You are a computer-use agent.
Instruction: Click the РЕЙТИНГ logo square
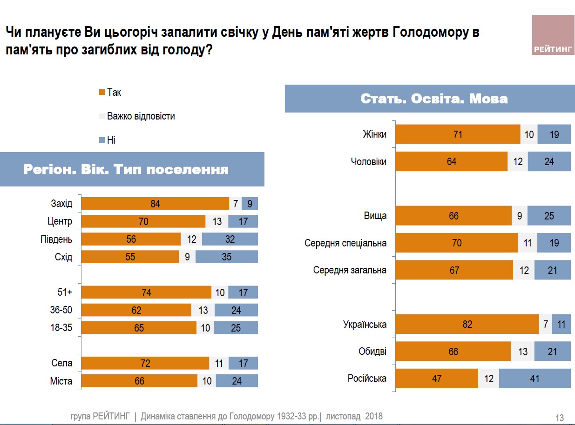coord(553,35)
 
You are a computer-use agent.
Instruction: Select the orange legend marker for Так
coord(101,93)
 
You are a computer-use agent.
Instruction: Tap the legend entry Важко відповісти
coord(141,116)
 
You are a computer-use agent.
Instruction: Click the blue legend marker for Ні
coord(101,140)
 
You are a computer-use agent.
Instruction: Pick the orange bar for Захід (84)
coord(155,204)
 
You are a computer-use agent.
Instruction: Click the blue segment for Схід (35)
coord(226,257)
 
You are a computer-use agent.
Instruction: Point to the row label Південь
coord(57,239)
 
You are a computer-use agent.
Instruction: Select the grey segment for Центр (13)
coord(216,221)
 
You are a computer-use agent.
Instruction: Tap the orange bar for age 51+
coord(146,292)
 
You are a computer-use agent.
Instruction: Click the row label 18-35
coord(61,328)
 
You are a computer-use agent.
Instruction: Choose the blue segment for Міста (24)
coord(237,381)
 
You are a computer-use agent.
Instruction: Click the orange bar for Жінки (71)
coord(457,134)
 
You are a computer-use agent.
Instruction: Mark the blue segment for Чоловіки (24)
coord(549,161)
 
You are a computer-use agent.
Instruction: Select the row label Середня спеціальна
coord(345,243)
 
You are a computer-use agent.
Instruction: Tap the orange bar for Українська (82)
coord(467,325)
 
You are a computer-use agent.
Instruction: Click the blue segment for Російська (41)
coord(534,379)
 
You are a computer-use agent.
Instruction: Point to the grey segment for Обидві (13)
coord(522,352)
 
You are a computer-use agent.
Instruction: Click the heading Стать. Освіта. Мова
coord(433,99)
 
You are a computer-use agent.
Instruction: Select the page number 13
coord(560,418)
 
